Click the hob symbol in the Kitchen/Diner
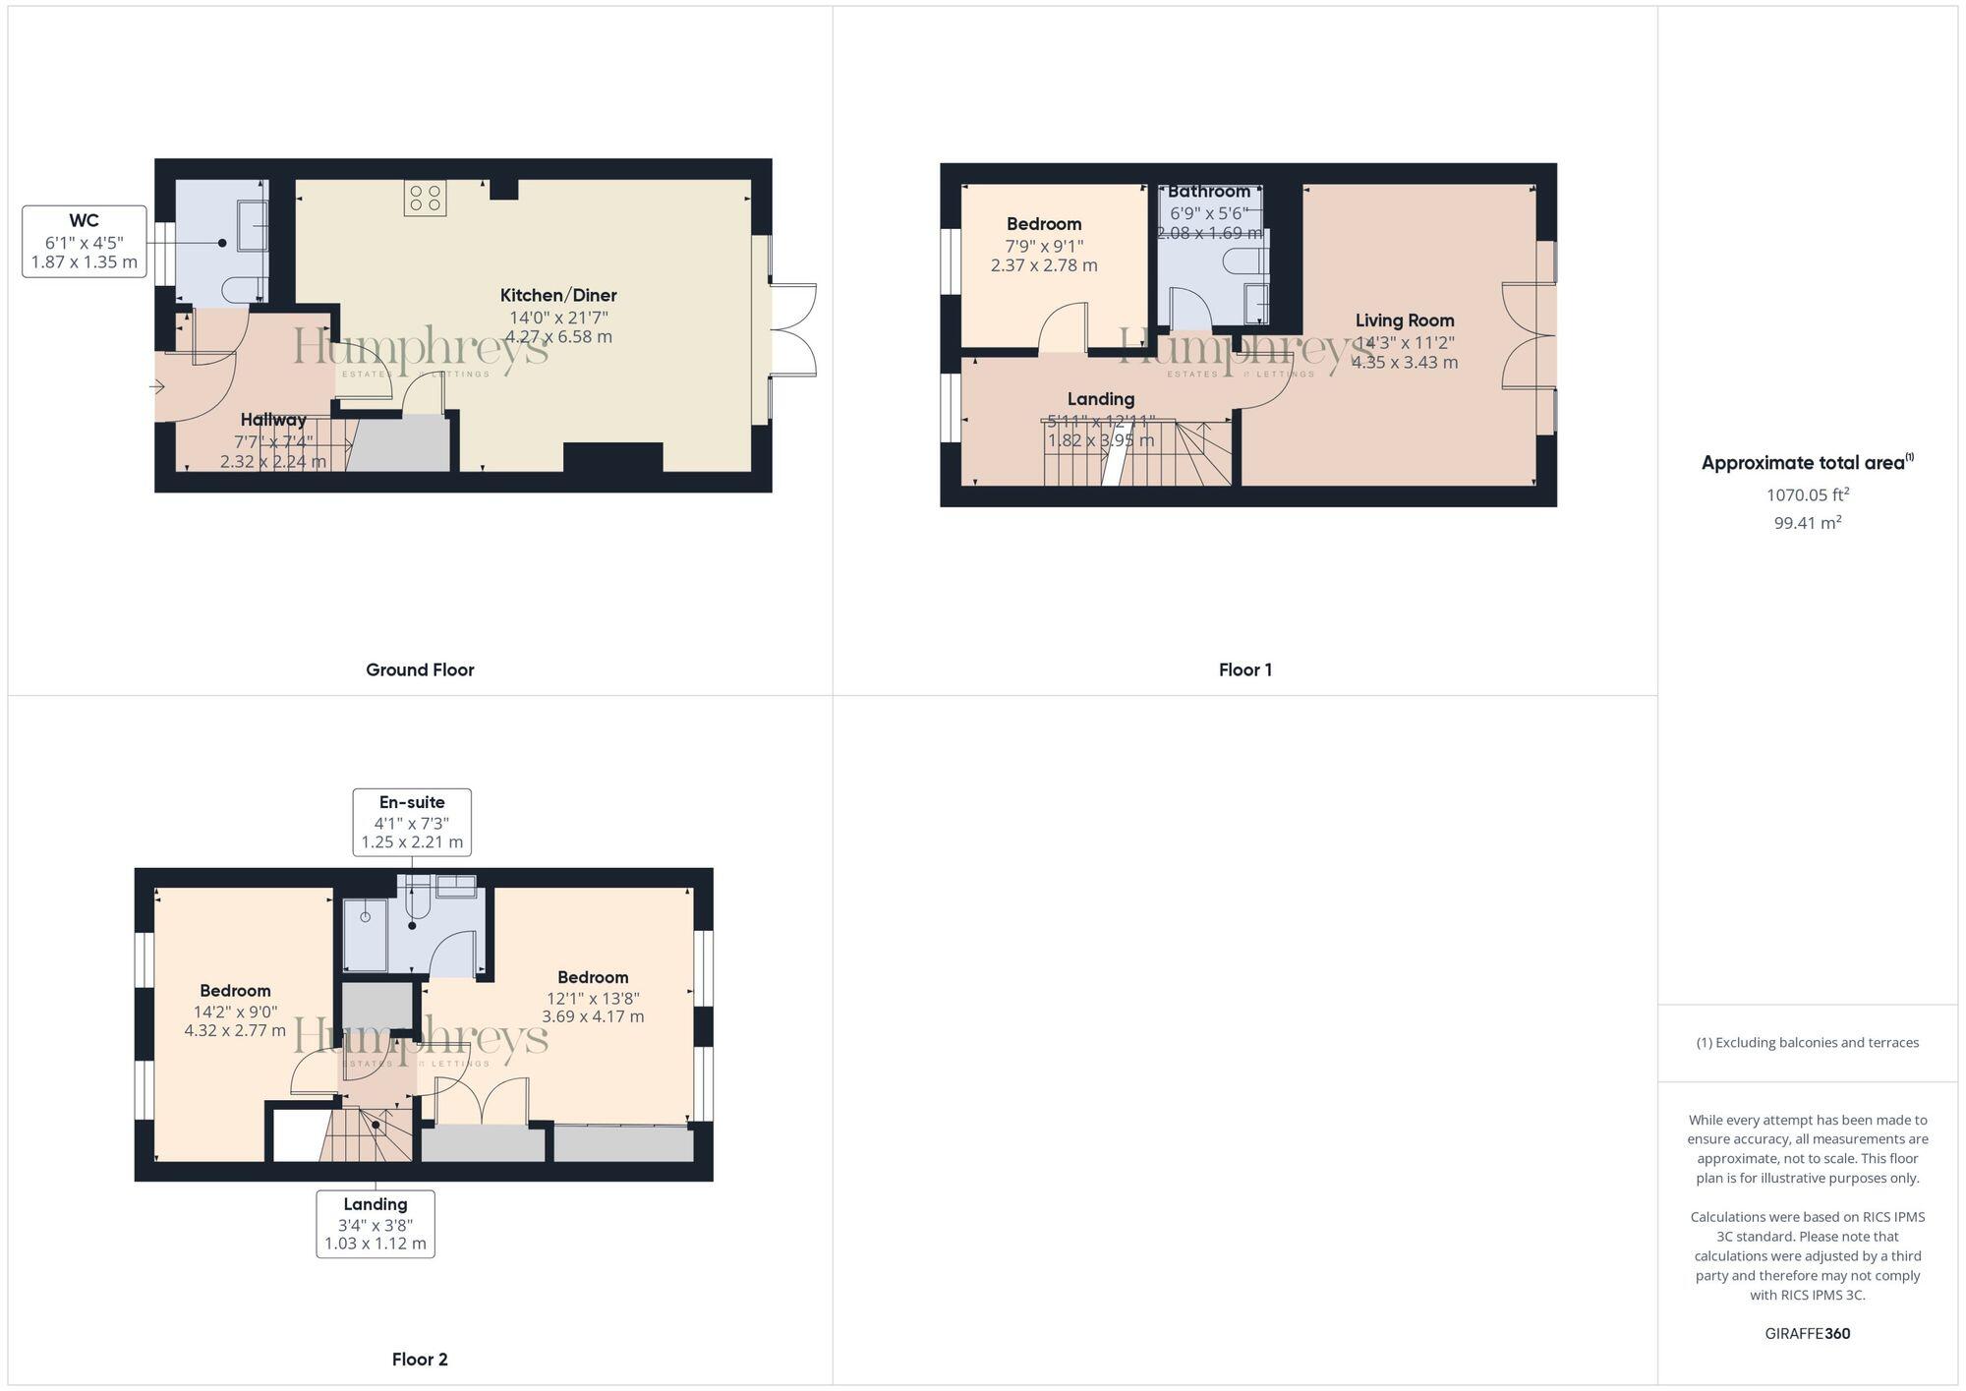(425, 198)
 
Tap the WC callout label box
(85, 242)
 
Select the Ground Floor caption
(420, 670)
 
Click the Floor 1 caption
(1244, 670)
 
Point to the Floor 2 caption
(420, 1360)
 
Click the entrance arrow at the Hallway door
(157, 387)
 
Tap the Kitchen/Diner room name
(558, 295)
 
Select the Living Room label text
(1404, 320)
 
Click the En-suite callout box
(412, 822)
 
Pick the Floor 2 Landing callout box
(376, 1223)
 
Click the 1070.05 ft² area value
(1807, 494)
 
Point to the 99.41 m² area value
(1807, 523)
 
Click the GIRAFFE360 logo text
(1807, 1334)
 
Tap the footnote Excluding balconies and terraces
(1807, 1043)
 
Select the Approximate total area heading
(1807, 463)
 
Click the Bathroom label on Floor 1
(1209, 192)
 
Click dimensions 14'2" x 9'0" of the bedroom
(235, 1012)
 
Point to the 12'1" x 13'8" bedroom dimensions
(593, 998)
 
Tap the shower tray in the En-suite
(365, 934)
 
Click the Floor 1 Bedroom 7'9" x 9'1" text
(1044, 246)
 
